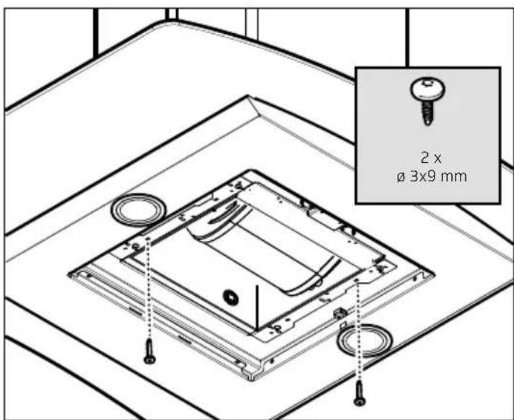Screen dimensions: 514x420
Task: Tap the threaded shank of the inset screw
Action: pos(427,113)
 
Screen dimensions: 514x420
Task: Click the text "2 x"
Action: pos(431,158)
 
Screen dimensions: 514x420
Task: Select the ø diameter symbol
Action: pos(401,178)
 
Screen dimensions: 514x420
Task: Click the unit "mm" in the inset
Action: pos(453,178)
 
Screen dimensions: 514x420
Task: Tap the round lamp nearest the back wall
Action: pos(139,210)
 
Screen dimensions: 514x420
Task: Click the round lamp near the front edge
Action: pos(365,340)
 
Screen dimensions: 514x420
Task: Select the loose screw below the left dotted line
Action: pos(150,351)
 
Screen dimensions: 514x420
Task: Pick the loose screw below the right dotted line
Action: pos(360,393)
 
